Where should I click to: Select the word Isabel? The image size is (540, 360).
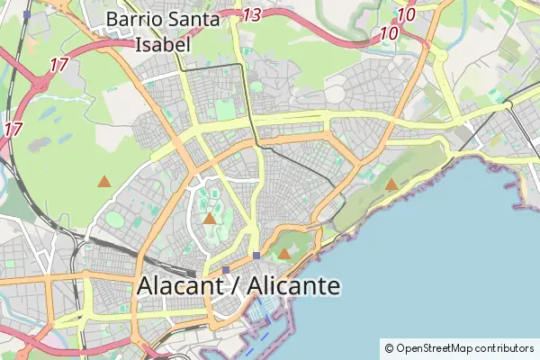point(163,44)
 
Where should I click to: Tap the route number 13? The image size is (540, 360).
point(252,14)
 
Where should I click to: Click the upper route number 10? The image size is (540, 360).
point(406,14)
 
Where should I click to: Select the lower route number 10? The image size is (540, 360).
point(390,34)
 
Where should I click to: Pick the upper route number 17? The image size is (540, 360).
point(59,65)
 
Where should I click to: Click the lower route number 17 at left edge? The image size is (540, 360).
point(13,129)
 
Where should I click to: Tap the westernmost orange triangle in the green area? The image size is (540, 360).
point(104,182)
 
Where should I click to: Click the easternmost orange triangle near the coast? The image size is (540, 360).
point(391,184)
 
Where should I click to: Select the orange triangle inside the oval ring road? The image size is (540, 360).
point(210,218)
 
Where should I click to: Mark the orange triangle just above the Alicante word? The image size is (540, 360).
point(284,254)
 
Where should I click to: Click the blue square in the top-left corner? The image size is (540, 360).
point(27,15)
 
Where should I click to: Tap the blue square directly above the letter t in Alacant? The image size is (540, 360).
point(226,269)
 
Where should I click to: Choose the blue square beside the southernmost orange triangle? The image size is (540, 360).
point(256,256)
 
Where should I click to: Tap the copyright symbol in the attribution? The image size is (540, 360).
point(389,347)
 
